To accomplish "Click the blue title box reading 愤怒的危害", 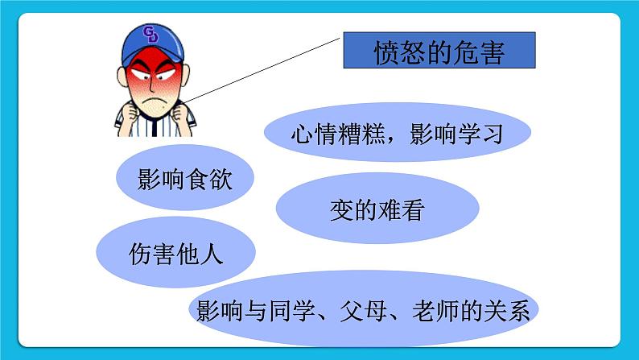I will click(439, 52).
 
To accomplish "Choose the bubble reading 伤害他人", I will click(175, 254).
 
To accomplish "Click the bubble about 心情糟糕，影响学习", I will click(397, 133).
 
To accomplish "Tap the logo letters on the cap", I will click(150, 34).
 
